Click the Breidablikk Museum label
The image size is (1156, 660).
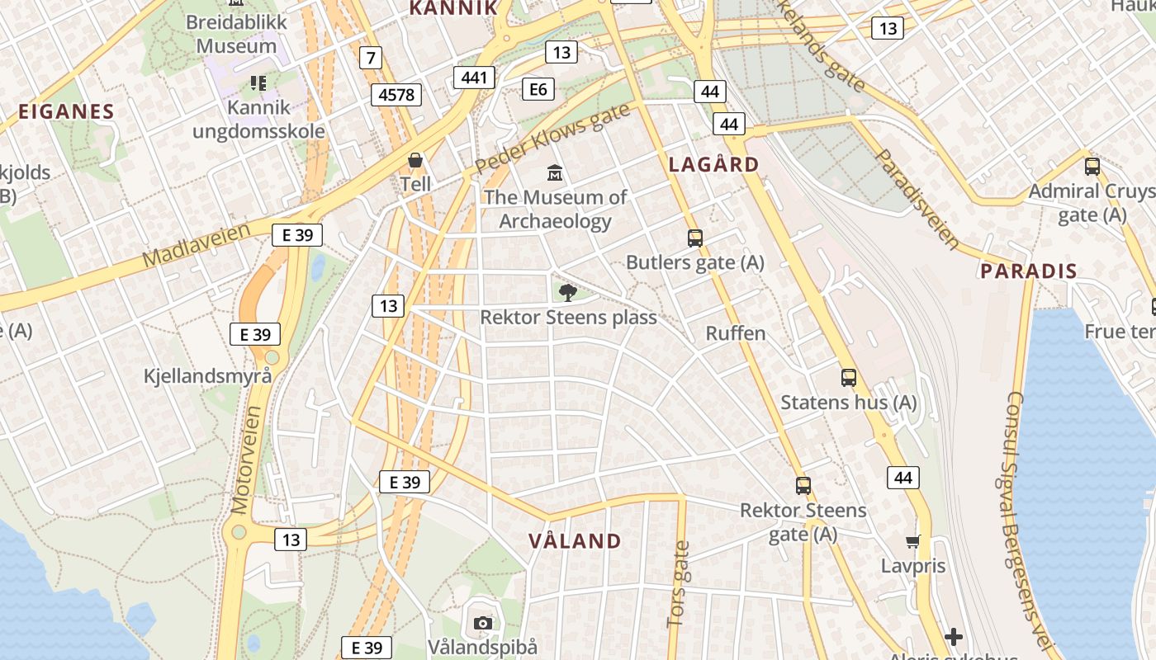click(236, 34)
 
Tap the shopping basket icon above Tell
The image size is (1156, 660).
click(415, 159)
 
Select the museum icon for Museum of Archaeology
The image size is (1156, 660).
click(555, 174)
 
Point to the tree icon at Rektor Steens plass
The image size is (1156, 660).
click(567, 292)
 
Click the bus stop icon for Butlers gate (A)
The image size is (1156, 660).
click(694, 238)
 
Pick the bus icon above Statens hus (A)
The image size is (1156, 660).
click(848, 378)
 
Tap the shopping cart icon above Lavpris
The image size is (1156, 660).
click(912, 541)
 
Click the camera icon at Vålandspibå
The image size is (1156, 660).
click(483, 623)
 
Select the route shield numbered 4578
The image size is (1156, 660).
click(396, 95)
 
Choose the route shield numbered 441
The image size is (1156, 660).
click(474, 78)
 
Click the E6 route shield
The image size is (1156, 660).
click(538, 88)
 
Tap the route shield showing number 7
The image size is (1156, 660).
click(372, 58)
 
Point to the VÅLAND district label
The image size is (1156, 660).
click(575, 541)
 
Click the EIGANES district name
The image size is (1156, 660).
click(66, 111)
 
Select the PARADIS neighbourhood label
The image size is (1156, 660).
click(1029, 271)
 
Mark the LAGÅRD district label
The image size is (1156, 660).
click(713, 164)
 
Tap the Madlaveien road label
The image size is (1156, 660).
click(196, 245)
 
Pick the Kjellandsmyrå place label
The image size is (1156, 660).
click(207, 376)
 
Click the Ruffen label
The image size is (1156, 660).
click(736, 333)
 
